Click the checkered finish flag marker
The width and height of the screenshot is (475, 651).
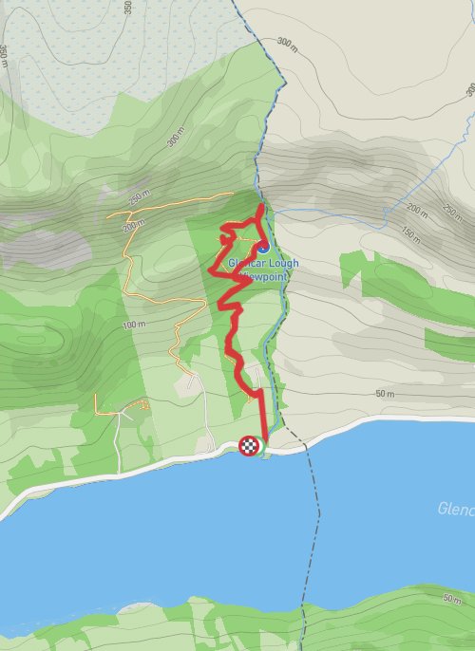pos(249,445)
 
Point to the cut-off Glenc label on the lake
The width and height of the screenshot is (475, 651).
pos(456,509)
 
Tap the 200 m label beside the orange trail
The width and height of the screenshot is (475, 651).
pos(133,224)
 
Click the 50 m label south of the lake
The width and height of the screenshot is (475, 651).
pos(450,600)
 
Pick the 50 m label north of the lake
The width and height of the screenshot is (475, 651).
pos(385,393)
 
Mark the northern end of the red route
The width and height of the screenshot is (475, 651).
pos(262,206)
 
